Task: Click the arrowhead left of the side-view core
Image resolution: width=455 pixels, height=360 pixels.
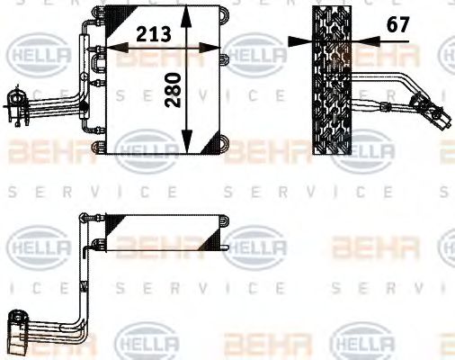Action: point(299,40)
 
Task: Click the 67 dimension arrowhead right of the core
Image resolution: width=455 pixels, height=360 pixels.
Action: point(361,40)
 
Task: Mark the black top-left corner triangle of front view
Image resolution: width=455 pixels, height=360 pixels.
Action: point(113,18)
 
